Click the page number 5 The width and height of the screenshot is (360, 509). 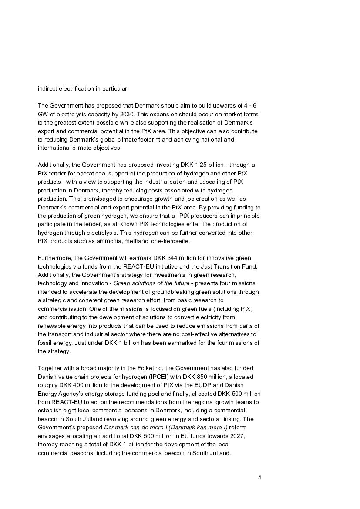(259, 477)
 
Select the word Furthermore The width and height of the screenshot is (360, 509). (54, 258)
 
